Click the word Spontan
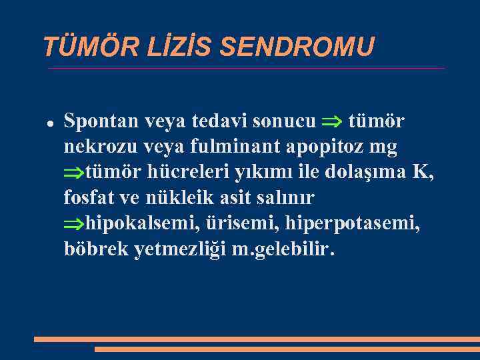click(98, 121)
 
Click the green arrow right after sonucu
click(331, 121)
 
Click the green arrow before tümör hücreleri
click(74, 173)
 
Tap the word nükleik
click(176, 198)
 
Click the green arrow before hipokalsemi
click(74, 224)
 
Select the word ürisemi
click(229, 223)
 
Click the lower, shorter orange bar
click(287, 349)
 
